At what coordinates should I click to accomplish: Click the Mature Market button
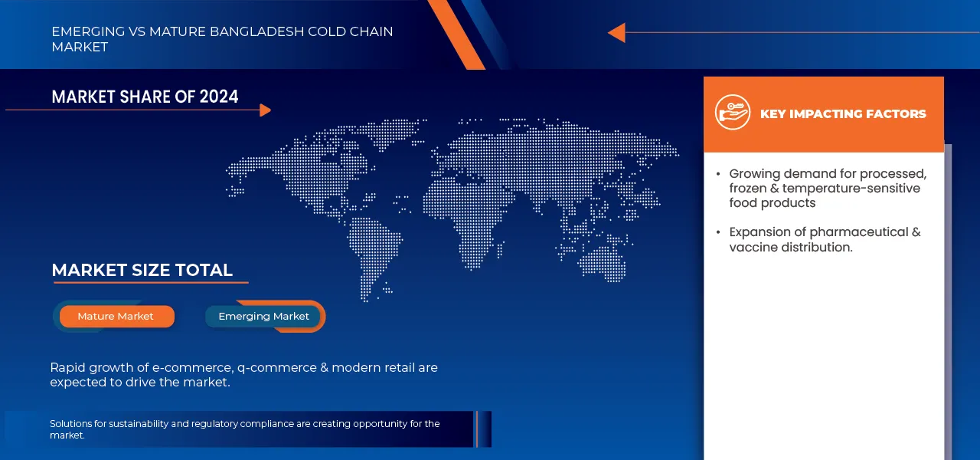116,317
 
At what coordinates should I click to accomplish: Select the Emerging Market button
263,317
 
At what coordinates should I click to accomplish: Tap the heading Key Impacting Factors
843,114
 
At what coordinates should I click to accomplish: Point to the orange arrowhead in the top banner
616,33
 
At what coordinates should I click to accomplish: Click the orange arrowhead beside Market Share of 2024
265,110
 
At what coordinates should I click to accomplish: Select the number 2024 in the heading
219,97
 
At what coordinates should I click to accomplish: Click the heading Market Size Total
142,270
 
